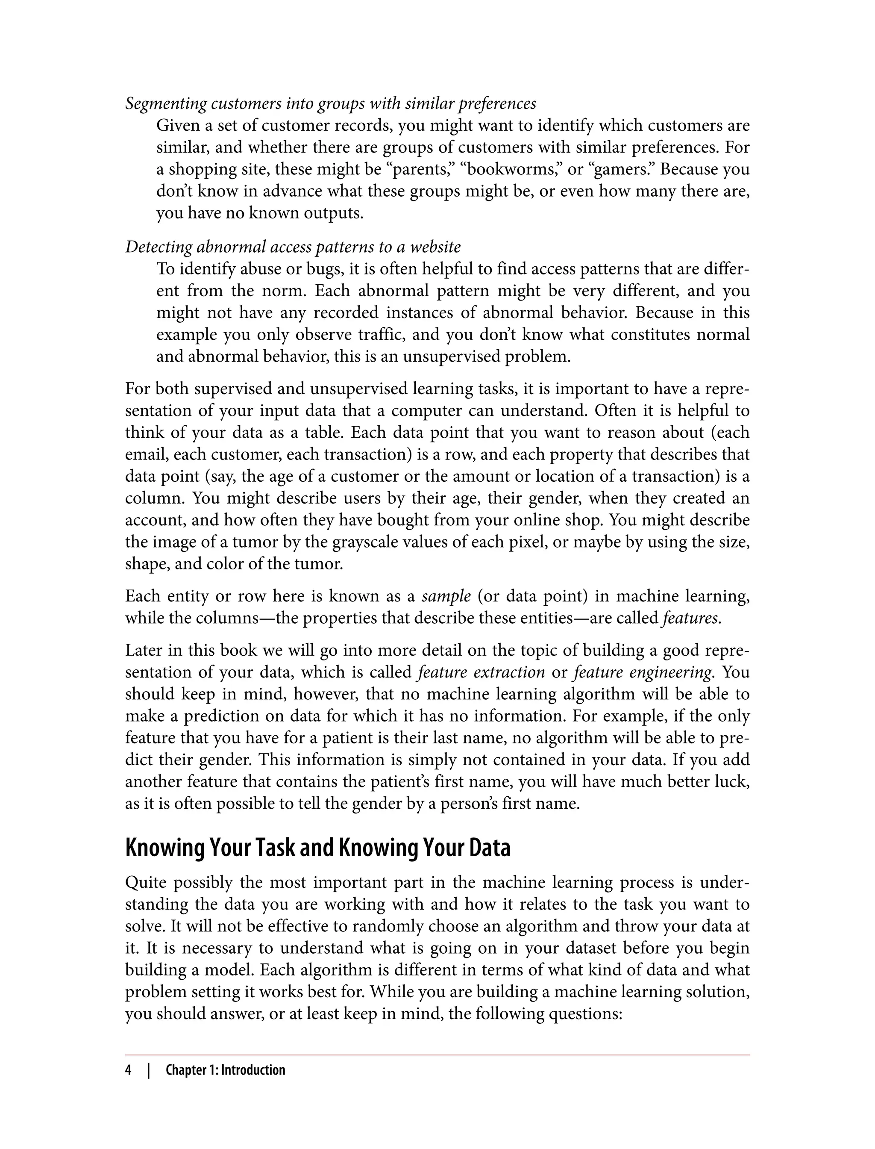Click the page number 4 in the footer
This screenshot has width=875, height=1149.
[128, 1070]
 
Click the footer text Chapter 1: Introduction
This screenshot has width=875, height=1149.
[225, 1070]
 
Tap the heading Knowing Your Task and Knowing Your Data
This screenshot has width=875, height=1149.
[318, 848]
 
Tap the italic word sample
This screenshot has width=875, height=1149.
[446, 595]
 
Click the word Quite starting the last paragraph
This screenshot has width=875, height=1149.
[145, 883]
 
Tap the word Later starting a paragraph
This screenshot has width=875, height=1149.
[143, 650]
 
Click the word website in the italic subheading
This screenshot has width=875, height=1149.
[435, 247]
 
